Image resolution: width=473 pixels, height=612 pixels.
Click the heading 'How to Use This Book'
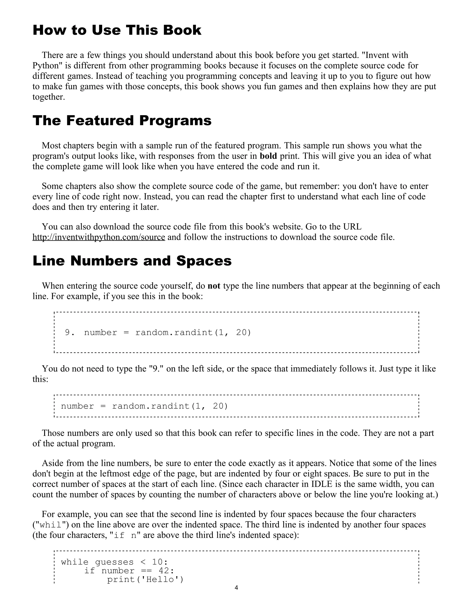pos(117,30)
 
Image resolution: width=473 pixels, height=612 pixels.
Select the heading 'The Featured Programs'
pos(122,121)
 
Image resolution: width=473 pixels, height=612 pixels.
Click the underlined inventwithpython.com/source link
pos(99,237)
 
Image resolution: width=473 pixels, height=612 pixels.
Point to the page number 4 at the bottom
pos(236,588)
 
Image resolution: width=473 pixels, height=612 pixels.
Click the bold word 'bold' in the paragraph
pos(268,156)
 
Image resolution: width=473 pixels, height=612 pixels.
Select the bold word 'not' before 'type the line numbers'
pos(214,286)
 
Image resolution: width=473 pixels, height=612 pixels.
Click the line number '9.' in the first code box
pos(70,332)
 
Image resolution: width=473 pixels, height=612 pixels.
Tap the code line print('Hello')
pos(145,579)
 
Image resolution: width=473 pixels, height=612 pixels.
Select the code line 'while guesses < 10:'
pos(114,562)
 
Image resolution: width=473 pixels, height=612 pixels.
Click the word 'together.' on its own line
pos(49,97)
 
